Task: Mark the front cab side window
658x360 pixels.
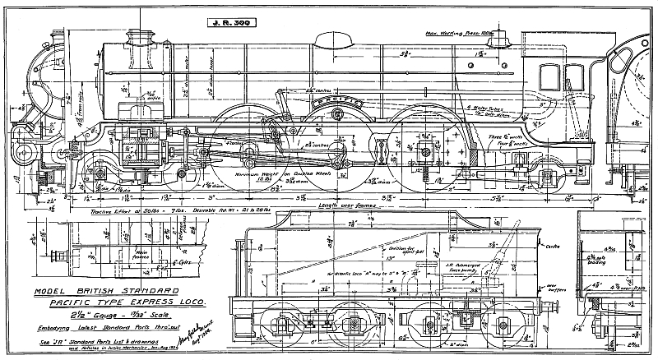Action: point(545,77)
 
